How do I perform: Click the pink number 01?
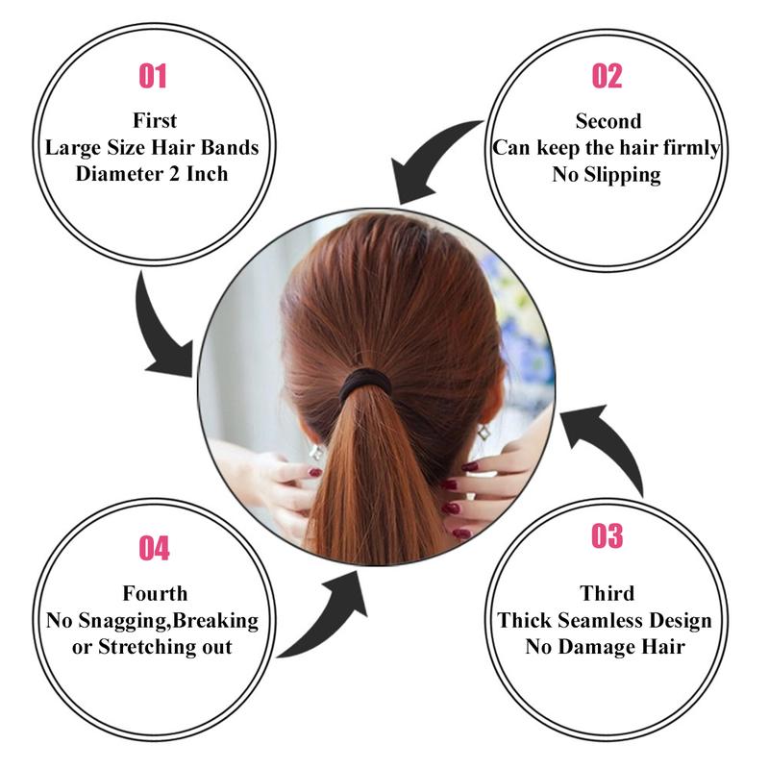pyautogui.click(x=152, y=76)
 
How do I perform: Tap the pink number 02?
pyautogui.click(x=607, y=76)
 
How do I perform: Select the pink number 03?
pyautogui.click(x=607, y=535)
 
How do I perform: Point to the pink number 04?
pyautogui.click(x=154, y=549)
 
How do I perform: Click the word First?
pyautogui.click(x=155, y=121)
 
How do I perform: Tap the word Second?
pyautogui.click(x=608, y=121)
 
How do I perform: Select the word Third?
pyautogui.click(x=607, y=593)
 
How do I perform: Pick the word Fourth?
pyautogui.click(x=155, y=593)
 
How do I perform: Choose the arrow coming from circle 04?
pyautogui.click(x=327, y=615)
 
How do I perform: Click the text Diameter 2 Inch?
pyautogui.click(x=154, y=174)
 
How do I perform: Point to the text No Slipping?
pyautogui.click(x=607, y=174)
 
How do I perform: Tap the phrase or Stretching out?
pyautogui.click(x=153, y=646)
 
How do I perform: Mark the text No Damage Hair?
pyautogui.click(x=606, y=646)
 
